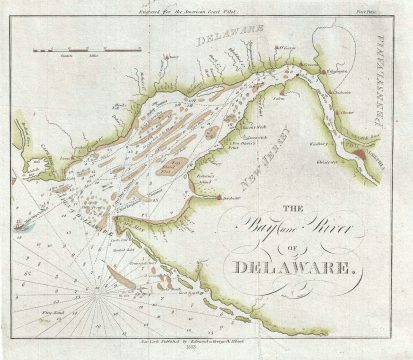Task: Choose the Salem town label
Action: [x=280, y=100]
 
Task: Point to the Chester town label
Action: [x=347, y=112]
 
